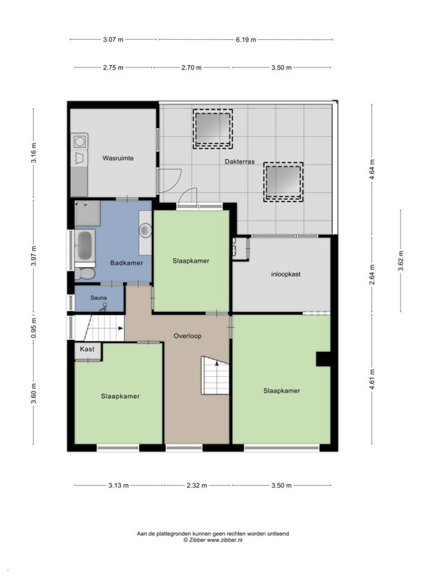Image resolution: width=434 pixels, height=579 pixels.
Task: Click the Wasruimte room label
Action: pos(118,159)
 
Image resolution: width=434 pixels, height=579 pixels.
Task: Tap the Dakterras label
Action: pos(239,161)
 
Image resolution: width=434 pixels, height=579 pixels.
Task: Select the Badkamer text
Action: pos(127,263)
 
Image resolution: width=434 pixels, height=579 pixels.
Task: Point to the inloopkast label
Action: pos(286,274)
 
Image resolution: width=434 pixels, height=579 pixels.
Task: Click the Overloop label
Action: pos(187,336)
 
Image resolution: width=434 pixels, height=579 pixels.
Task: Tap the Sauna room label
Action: pos(98,297)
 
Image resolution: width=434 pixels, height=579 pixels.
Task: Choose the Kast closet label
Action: pos(87,349)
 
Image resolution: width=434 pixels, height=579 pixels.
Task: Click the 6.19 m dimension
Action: pos(246,40)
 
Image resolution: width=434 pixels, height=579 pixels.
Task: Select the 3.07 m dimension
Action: pos(114,40)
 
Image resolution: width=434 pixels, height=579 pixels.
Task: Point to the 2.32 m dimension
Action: pos(197,485)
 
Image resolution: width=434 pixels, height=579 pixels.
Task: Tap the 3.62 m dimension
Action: pos(401,261)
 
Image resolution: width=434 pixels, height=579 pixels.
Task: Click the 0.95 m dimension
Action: pos(33,329)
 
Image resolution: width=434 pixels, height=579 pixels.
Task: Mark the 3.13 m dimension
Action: pos(119,485)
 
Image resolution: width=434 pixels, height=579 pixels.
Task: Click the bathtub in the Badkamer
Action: pos(85,245)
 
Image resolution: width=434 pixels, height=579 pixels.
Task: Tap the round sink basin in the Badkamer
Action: pos(145,230)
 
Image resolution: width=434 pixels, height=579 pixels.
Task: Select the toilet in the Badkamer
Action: pos(85,274)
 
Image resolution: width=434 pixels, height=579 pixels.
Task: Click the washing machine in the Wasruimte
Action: pos(80,141)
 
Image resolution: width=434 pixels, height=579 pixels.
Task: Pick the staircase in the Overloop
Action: pos(215,375)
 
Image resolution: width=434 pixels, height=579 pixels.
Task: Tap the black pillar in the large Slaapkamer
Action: pos(323,359)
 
